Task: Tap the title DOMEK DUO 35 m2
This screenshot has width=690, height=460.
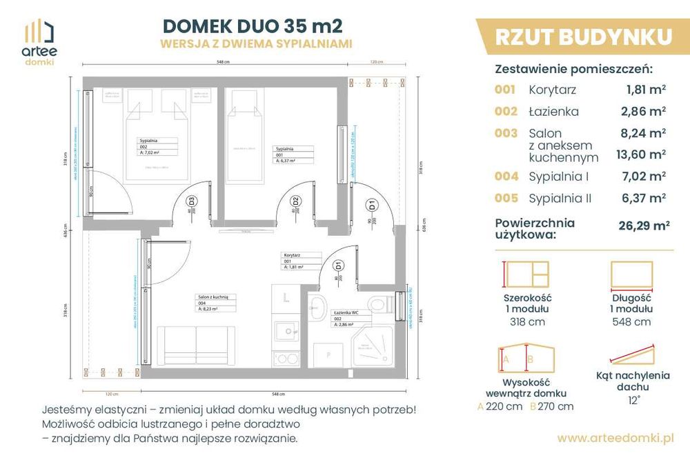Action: point(251,26)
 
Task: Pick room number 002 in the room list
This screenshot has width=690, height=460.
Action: point(505,111)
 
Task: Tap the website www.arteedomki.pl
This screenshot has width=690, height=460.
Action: point(615,437)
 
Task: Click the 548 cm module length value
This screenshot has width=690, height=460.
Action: point(632,321)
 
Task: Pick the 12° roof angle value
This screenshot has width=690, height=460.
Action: point(633,399)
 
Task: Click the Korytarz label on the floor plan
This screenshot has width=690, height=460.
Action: point(291,254)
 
